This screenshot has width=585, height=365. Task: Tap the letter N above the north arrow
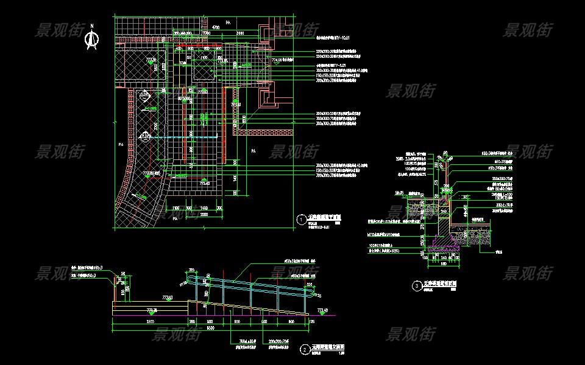click(x=92, y=26)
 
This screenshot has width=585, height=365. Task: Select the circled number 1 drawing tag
click(x=301, y=220)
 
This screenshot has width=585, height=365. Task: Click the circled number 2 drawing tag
click(x=305, y=350)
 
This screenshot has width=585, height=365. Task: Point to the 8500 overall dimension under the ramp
click(x=211, y=328)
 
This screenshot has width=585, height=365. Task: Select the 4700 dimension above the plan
click(x=215, y=28)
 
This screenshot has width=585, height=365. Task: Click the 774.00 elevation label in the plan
click(x=278, y=61)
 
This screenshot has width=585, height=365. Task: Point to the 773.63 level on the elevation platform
click(x=168, y=297)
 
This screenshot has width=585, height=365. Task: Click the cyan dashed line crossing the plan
click(x=183, y=139)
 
